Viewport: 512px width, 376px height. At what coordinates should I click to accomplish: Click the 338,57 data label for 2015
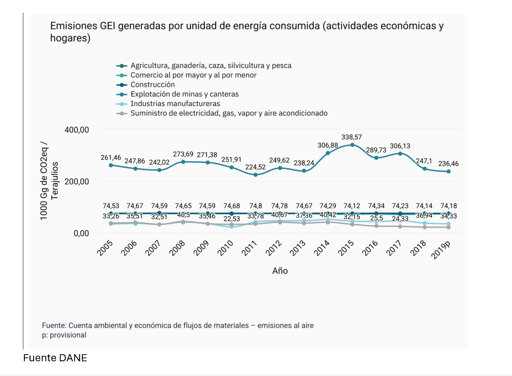click(x=352, y=137)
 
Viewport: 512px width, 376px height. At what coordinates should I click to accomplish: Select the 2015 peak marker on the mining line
click(x=352, y=145)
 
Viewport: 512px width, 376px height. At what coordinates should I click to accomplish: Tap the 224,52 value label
click(x=255, y=167)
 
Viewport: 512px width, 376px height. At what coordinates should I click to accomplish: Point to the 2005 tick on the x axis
click(x=105, y=247)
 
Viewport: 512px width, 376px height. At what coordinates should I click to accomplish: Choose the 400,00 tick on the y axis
click(x=77, y=130)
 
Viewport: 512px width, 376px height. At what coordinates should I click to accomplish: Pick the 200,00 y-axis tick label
click(x=77, y=182)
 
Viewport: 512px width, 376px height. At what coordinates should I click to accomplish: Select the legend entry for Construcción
click(x=153, y=85)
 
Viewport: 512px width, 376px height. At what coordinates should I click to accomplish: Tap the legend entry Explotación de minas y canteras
click(x=185, y=94)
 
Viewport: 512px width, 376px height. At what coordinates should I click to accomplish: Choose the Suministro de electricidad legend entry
click(x=229, y=113)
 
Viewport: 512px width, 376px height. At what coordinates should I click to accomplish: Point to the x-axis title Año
click(x=280, y=271)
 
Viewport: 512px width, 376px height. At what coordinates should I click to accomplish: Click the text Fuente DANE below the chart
click(x=55, y=358)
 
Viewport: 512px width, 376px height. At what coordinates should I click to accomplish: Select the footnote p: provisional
click(x=64, y=335)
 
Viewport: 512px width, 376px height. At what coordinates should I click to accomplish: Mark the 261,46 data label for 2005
click(x=111, y=158)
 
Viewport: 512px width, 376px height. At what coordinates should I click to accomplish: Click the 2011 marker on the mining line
click(x=255, y=175)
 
